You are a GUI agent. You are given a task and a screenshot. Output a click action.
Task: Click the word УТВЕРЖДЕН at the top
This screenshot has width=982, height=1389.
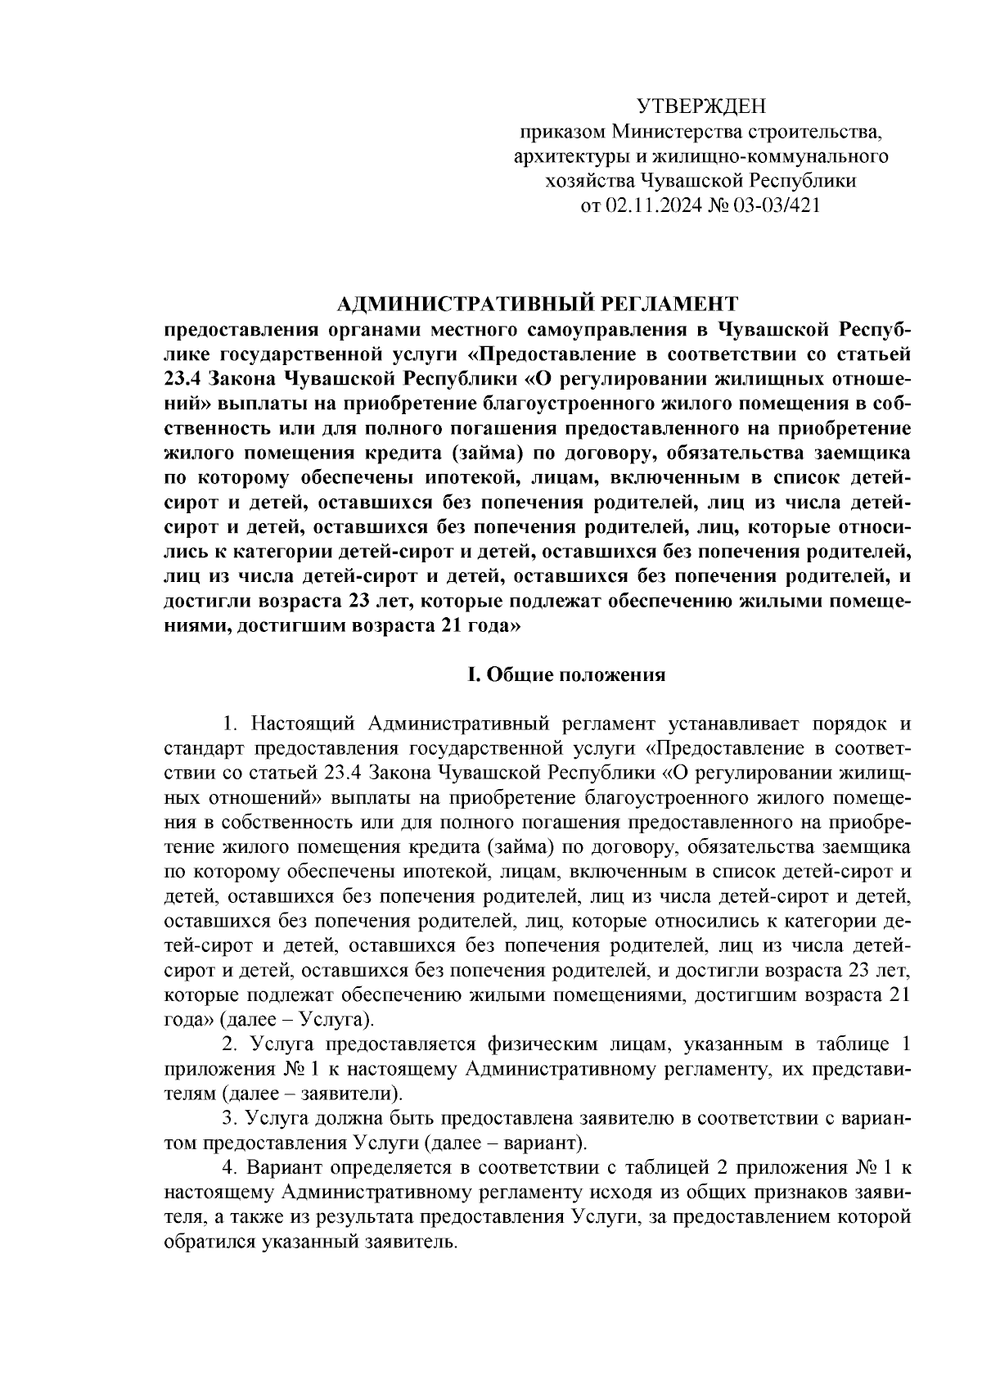700,106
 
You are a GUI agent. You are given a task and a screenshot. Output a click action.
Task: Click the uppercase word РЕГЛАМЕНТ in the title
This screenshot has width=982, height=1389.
670,304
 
